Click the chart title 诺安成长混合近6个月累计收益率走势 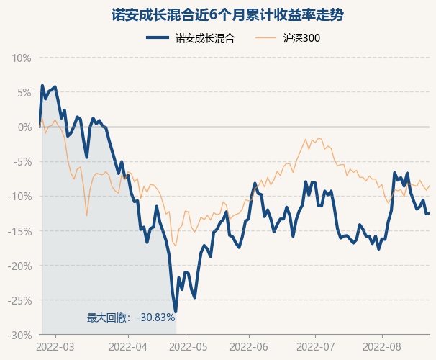218,14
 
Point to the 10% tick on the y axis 22,58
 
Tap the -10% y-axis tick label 20,196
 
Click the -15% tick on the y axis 20,231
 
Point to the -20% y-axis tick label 20,266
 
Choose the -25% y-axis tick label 20,300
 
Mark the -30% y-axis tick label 20,335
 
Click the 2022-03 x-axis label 55,347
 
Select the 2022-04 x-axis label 128,347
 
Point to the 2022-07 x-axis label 317,347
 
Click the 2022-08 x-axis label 381,347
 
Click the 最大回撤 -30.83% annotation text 131,318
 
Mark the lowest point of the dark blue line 176,311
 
